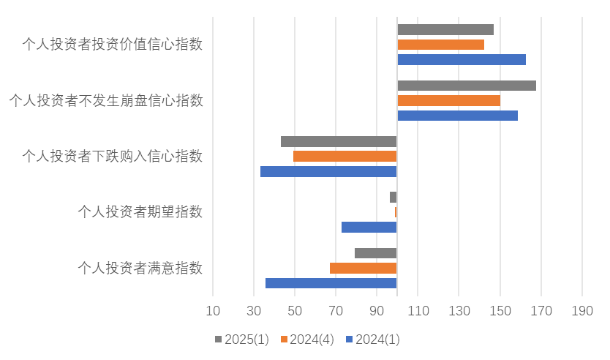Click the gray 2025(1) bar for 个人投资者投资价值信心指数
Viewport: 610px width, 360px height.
(445, 29)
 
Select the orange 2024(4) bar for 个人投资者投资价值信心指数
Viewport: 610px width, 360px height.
(440, 45)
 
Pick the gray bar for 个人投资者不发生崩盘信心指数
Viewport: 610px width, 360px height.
(466, 86)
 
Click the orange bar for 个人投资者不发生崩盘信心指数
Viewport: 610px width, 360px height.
(448, 100)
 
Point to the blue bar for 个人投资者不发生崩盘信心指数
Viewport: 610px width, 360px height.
(457, 116)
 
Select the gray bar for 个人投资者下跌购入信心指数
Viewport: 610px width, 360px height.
(339, 141)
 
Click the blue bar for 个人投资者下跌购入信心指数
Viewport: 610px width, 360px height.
(328, 171)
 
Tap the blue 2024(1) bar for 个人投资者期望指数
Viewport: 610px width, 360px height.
(369, 227)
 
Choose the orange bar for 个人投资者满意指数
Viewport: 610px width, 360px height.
(363, 268)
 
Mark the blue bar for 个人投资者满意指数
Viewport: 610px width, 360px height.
(331, 283)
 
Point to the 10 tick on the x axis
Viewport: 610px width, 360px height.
(213, 310)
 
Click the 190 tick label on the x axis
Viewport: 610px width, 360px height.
(582, 310)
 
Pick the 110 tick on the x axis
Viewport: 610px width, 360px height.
(418, 310)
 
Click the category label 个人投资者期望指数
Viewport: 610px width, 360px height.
(140, 212)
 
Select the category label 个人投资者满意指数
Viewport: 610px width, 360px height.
(140, 268)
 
